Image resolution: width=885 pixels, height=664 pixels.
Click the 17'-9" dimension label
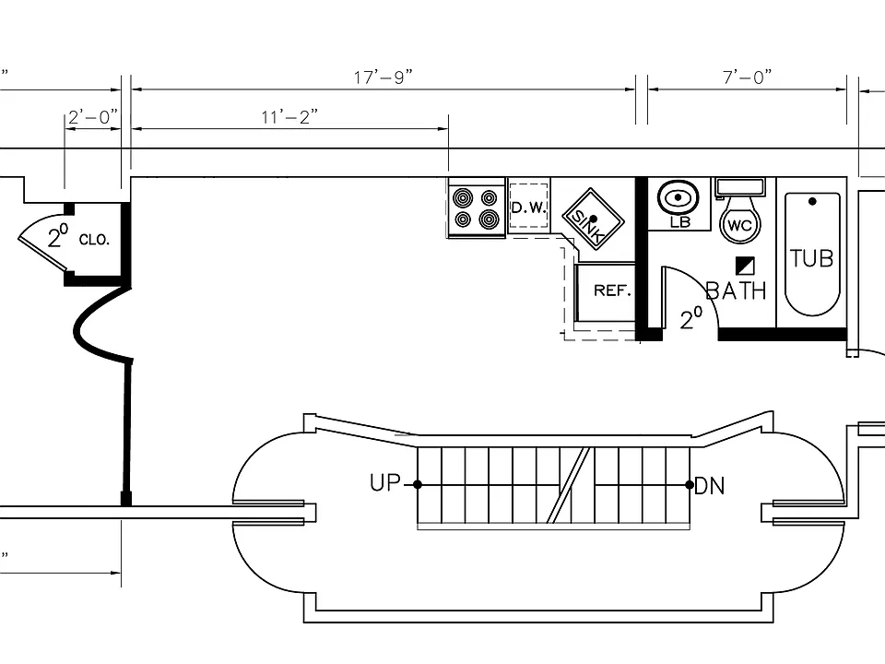[x=383, y=77]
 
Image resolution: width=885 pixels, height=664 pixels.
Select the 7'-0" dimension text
[x=748, y=77]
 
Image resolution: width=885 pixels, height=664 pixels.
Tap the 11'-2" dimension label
[x=289, y=117]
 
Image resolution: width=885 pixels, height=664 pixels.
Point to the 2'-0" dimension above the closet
[x=93, y=117]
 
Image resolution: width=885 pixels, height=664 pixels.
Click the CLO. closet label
[x=94, y=240]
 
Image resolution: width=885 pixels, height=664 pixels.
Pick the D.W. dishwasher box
[x=529, y=207]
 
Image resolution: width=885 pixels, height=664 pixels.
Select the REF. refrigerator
[x=606, y=291]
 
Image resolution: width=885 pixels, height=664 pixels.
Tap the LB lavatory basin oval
[x=678, y=198]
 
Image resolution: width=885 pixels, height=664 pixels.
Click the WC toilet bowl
[x=740, y=225]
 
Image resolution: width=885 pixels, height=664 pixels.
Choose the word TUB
[x=811, y=258]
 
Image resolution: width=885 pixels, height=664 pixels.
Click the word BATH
[x=736, y=290]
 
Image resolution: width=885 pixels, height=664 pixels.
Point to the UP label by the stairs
[x=385, y=482]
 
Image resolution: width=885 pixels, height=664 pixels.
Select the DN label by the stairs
[x=710, y=486]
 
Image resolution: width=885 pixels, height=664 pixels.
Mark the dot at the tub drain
[x=812, y=201]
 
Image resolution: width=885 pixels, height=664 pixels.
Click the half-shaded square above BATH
[x=745, y=266]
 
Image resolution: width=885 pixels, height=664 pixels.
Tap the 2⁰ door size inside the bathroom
[x=691, y=319]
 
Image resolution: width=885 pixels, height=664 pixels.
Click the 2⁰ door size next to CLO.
[x=58, y=235]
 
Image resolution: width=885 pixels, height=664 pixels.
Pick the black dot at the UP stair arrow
[x=418, y=484]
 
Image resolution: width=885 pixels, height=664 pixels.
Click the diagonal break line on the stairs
[x=569, y=485]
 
